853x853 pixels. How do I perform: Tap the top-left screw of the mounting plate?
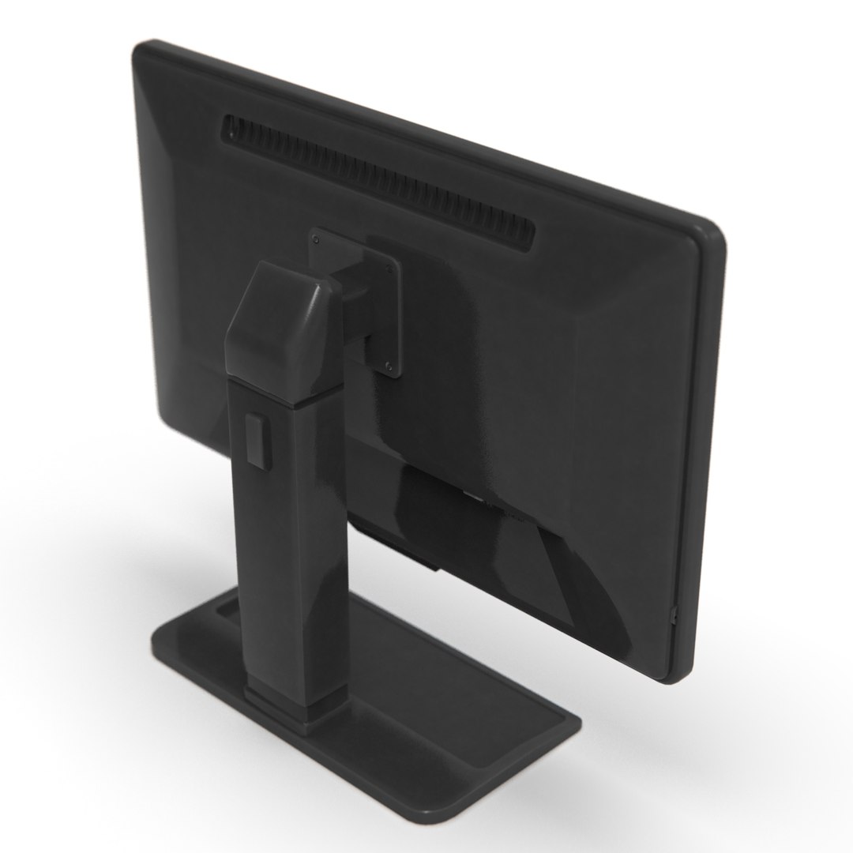[x=317, y=236]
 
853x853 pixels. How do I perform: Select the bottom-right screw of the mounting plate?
[x=389, y=364]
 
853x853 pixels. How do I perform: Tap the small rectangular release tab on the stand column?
[x=256, y=439]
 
